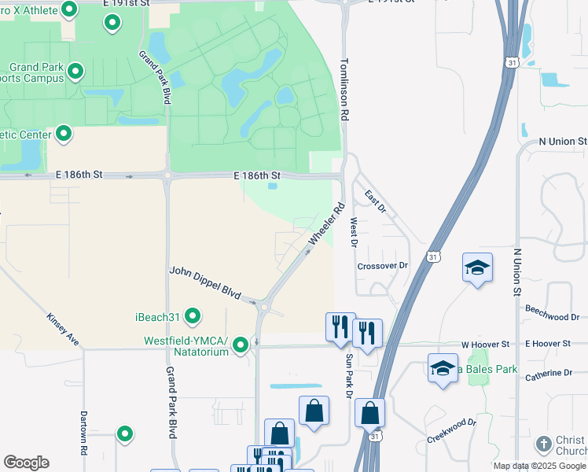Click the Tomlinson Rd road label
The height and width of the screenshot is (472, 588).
pyautogui.click(x=344, y=88)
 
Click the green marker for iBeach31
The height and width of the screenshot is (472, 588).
pyautogui.click(x=192, y=316)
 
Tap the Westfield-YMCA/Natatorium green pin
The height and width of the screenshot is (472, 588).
pyautogui.click(x=241, y=345)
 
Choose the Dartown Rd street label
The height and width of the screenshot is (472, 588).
pyautogui.click(x=83, y=433)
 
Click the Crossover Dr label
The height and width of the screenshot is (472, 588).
pyautogui.click(x=383, y=266)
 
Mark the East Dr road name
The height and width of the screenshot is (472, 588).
pyautogui.click(x=376, y=199)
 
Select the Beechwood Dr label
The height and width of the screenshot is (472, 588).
pyautogui.click(x=553, y=317)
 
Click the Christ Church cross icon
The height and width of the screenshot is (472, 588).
pyautogui.click(x=543, y=444)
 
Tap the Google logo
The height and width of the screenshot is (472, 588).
pyautogui.click(x=26, y=463)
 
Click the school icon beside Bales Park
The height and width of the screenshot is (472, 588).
pyautogui.click(x=443, y=368)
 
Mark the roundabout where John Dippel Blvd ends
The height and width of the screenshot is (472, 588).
pyautogui.click(x=264, y=304)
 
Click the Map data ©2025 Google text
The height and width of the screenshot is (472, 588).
pyautogui.click(x=539, y=466)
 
